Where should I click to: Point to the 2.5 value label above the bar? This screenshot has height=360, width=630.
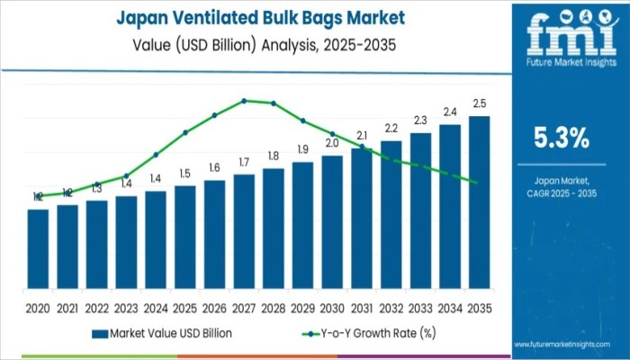point(480,104)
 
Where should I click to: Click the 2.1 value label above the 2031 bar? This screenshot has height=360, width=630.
point(362,136)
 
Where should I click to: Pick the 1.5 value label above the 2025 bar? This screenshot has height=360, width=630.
point(185,174)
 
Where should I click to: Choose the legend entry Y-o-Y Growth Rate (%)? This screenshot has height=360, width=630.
point(364,333)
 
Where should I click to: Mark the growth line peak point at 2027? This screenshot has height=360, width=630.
point(244,101)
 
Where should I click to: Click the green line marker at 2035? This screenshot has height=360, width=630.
point(475,182)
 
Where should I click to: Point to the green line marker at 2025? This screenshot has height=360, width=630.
point(185,132)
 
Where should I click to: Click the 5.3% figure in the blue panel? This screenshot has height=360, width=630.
point(562,138)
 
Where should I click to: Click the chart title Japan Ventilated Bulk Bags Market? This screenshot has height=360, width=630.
point(259,17)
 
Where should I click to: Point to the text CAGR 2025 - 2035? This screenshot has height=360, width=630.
point(562,193)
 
